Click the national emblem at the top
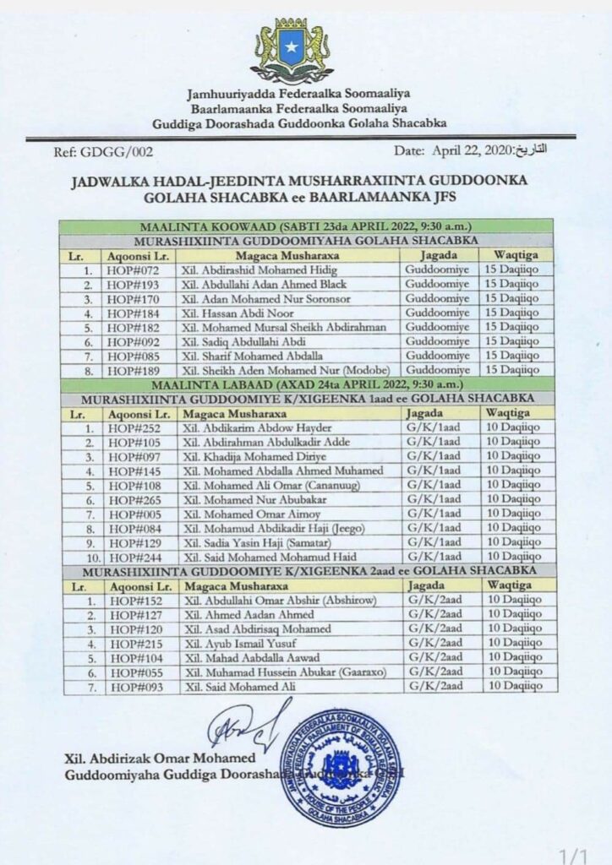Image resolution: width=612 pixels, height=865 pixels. coord(292,50)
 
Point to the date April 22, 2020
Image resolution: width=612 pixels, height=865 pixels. coord(465,150)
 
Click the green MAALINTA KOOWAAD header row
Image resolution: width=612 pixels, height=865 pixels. coord(306,226)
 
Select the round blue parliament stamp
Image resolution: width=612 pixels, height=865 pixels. coord(341,768)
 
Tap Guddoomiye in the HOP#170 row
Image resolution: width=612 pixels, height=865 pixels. coord(434,297)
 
